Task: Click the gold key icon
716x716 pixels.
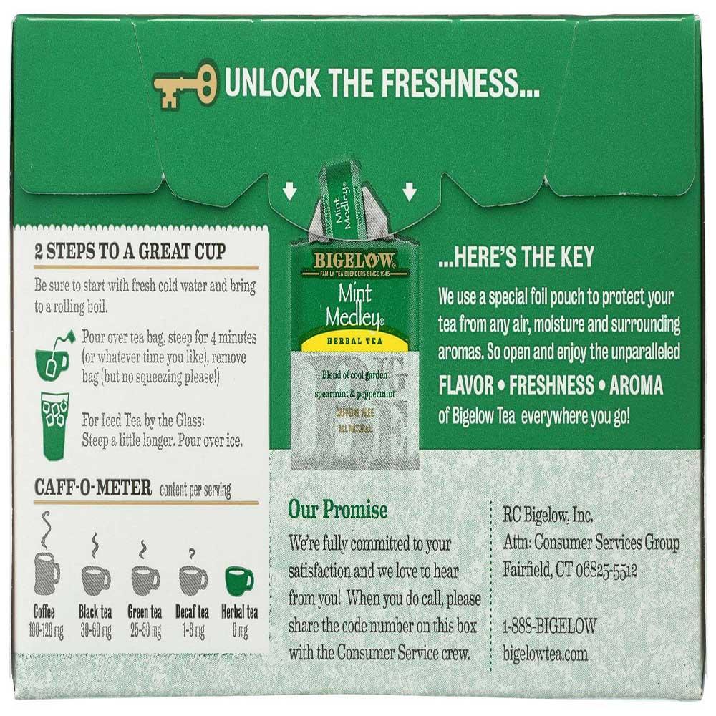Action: [x=183, y=83]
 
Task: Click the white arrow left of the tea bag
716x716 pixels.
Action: [x=289, y=192]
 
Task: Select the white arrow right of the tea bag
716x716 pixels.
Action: [x=410, y=192]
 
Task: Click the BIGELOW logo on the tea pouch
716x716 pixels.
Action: [x=354, y=261]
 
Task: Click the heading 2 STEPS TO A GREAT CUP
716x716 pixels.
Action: [x=130, y=251]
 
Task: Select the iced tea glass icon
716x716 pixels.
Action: [x=54, y=425]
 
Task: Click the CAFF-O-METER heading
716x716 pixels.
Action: [x=92, y=488]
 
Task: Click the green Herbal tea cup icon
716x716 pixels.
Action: [x=239, y=580]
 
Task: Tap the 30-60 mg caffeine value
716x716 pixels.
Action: [x=96, y=632]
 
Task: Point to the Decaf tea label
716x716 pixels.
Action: [x=192, y=612]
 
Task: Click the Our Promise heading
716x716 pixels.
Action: [x=337, y=509]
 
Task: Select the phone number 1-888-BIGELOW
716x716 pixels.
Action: [x=549, y=626]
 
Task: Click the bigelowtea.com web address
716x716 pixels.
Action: [x=545, y=653]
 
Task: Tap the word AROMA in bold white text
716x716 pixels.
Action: [x=636, y=385]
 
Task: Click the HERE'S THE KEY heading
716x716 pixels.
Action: [x=516, y=256]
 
